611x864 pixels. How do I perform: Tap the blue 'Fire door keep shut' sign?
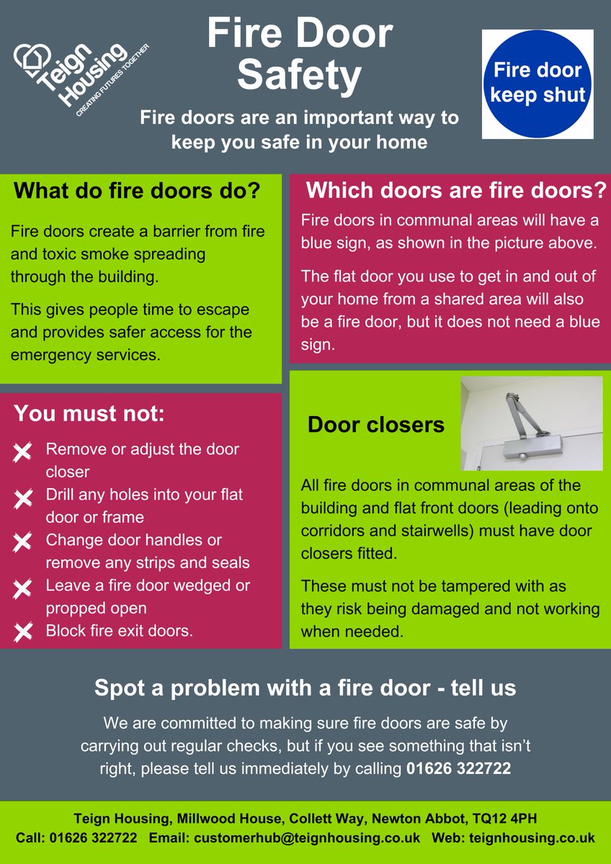(538, 84)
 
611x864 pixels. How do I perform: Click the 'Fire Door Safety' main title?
(299, 54)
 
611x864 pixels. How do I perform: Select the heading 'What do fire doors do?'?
(137, 192)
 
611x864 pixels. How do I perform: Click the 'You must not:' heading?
(90, 414)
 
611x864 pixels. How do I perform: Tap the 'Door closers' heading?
(375, 425)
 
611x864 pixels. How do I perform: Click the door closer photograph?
(531, 423)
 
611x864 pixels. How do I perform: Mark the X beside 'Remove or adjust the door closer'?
(23, 452)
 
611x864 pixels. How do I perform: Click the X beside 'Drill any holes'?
(23, 498)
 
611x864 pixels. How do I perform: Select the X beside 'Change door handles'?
(23, 542)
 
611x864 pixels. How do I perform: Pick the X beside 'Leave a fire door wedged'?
(23, 588)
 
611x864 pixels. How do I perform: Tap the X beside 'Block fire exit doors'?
(23, 632)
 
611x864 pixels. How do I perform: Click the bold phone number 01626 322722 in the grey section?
(458, 768)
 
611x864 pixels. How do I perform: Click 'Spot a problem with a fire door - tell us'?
(305, 688)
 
